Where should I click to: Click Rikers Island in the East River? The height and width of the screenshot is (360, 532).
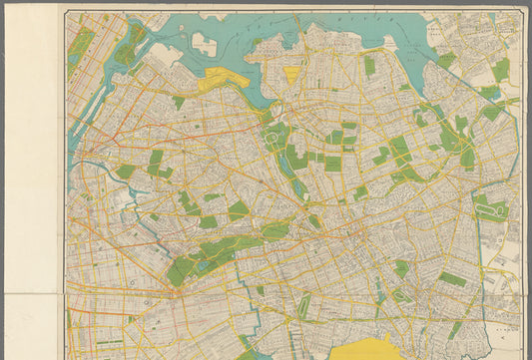point(204,43)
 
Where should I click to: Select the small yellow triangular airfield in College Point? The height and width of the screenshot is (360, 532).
point(291,74)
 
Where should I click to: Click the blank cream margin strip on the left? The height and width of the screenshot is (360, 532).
point(30,150)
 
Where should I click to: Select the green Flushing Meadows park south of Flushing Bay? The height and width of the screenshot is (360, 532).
point(284,150)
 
